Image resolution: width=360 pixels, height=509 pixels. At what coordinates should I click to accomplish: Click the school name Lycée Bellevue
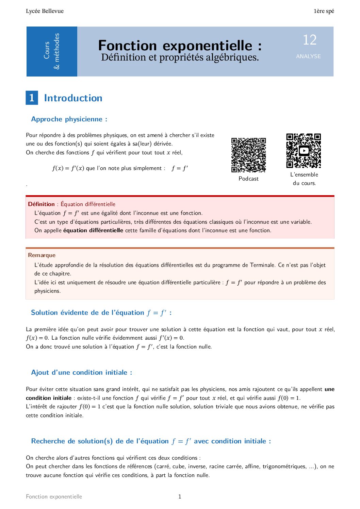tap(45, 11)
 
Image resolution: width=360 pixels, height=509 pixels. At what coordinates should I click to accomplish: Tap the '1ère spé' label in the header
tap(324, 11)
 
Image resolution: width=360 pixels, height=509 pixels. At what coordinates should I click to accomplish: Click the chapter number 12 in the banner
tap(309, 40)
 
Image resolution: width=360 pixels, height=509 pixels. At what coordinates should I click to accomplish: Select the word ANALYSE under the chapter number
tap(308, 56)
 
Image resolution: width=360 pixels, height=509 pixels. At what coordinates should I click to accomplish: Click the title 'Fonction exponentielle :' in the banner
tap(180, 45)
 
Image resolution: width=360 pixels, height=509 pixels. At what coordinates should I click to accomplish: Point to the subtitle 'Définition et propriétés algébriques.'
tap(180, 57)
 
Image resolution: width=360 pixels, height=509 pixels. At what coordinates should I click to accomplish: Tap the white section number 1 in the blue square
tap(32, 98)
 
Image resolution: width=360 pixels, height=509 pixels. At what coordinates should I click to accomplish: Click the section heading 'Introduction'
tap(73, 98)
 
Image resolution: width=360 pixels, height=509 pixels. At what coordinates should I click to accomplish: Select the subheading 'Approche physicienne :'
tap(69, 119)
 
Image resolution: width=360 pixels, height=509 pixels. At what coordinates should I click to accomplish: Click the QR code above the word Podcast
tap(248, 155)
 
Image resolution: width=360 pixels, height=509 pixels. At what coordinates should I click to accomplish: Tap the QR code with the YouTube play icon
tap(304, 151)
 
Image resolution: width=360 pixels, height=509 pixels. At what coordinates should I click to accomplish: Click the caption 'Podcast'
tap(248, 179)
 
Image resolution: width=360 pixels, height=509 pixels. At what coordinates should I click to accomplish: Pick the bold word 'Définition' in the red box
tap(41, 204)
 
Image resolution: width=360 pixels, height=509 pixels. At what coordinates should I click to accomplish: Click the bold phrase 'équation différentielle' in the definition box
tap(93, 230)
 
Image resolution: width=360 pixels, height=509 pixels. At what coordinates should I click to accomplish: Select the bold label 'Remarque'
tap(42, 255)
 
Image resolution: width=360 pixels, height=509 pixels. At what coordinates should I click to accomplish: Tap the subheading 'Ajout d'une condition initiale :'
tap(81, 372)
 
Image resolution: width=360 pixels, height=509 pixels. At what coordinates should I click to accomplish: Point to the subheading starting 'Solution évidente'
tap(101, 312)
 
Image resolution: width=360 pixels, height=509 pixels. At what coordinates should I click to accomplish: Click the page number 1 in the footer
tap(180, 496)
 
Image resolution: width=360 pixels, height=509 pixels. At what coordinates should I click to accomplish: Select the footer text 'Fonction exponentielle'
tap(54, 496)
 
